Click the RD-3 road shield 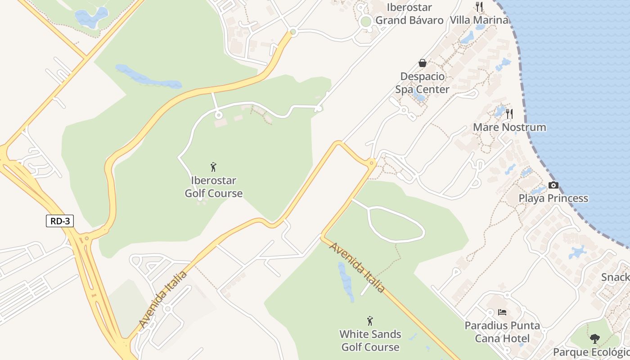60,221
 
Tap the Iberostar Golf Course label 214,187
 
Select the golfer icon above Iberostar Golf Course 214,167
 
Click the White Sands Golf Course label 370,341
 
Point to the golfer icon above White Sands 370,321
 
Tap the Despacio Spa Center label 422,83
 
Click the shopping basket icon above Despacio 422,63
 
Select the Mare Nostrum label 509,127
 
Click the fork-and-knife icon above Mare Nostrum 509,113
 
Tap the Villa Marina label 479,20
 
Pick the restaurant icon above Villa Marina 479,6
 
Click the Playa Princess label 553,198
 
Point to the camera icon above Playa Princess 553,185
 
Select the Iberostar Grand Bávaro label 409,13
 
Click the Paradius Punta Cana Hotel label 502,332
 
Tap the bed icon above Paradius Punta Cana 502,312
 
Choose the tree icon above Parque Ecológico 595,338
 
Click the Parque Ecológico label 591,352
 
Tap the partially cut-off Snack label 616,277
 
